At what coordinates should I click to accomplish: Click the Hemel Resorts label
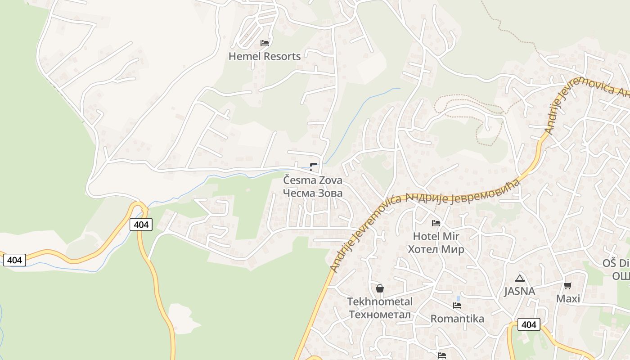pos(265,57)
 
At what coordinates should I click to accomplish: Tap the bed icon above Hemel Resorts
pos(265,43)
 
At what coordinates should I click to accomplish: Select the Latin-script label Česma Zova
pos(313,180)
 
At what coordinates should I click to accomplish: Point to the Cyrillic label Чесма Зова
pos(313,193)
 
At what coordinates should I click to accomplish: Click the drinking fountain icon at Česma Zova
pos(313,166)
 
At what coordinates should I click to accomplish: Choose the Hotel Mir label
pos(436,236)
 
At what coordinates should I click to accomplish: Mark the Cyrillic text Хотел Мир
pos(436,249)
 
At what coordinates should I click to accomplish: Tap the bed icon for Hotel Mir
pos(436,223)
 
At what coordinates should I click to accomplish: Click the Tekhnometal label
pos(380,301)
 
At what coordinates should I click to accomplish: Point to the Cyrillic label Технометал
pos(380,315)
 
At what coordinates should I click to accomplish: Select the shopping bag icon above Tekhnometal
pos(380,288)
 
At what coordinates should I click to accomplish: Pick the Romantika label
pos(457,319)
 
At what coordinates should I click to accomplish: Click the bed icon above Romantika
pos(457,306)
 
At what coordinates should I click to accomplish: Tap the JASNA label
pos(520,291)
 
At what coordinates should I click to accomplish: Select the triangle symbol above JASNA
pos(520,278)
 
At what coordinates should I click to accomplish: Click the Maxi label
pos(568,299)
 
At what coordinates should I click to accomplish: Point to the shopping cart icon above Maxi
pos(568,285)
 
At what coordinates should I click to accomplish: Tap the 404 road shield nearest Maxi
pos(529,324)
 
